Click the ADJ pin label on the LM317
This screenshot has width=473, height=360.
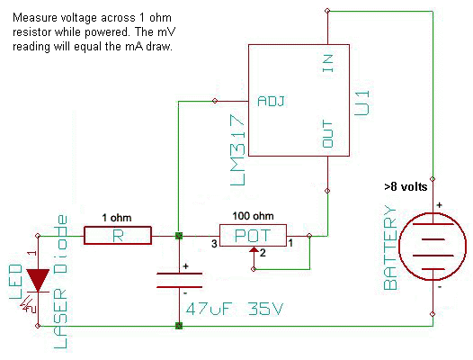pyautogui.click(x=271, y=101)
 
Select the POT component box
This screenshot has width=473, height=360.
pyautogui.click(x=253, y=237)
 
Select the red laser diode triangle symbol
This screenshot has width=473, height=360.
pyautogui.click(x=38, y=280)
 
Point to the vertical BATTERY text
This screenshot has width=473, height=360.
pyautogui.click(x=390, y=247)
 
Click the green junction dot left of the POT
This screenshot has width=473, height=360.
pyautogui.click(x=179, y=237)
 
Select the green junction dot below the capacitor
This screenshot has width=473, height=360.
pyautogui.click(x=179, y=324)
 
